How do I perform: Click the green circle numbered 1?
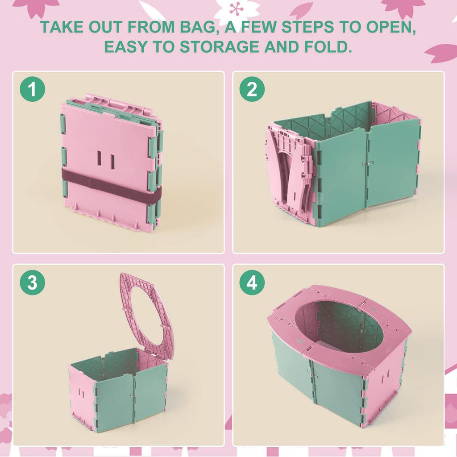(x=32, y=89)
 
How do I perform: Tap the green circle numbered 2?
(x=252, y=89)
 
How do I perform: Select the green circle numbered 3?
(x=32, y=282)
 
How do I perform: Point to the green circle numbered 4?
(x=252, y=282)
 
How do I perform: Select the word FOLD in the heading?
(x=328, y=47)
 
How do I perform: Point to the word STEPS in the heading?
(x=307, y=27)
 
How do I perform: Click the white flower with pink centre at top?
(x=237, y=10)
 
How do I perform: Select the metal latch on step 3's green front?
(x=134, y=396)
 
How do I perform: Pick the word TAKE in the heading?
(x=62, y=27)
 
